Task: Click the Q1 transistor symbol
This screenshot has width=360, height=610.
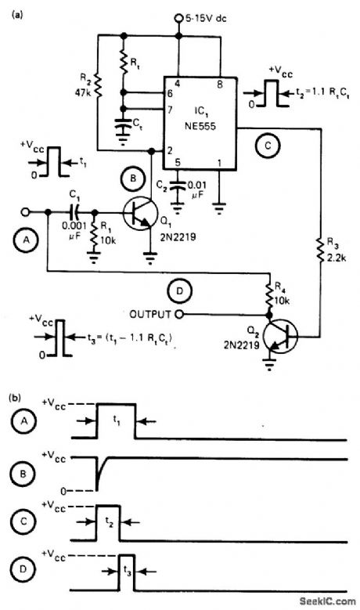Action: pos(139,214)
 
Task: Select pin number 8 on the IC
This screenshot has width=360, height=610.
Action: pos(218,82)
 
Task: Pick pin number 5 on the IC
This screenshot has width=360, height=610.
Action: pos(178,162)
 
